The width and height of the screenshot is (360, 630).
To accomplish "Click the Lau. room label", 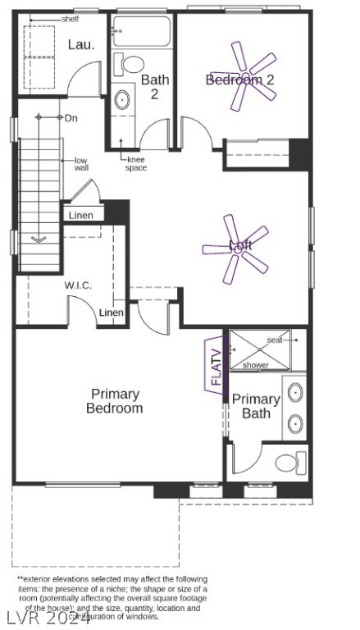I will pyautogui.click(x=81, y=45).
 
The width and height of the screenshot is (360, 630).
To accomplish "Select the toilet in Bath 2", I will pyautogui.click(x=131, y=64).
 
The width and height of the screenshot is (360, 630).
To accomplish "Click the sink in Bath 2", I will pyautogui.click(x=122, y=100).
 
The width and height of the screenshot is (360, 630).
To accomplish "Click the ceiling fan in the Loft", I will pyautogui.click(x=237, y=246).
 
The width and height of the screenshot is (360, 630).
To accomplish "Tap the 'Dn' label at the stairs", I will pyautogui.click(x=71, y=118).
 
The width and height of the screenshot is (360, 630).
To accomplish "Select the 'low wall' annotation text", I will pyautogui.click(x=81, y=164).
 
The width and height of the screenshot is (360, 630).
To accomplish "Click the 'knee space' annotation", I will pyautogui.click(x=135, y=163).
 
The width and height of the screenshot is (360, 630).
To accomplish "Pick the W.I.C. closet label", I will pyautogui.click(x=79, y=285).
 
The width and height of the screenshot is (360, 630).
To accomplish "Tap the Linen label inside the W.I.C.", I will pyautogui.click(x=112, y=313).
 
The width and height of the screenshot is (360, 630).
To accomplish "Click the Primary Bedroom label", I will pyautogui.click(x=115, y=401).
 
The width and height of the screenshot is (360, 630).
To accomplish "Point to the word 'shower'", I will pyautogui.click(x=255, y=365).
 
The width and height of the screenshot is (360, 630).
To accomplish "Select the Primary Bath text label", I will pyautogui.click(x=256, y=406).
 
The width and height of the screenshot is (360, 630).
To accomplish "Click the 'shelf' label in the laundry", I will pyautogui.click(x=71, y=18).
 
